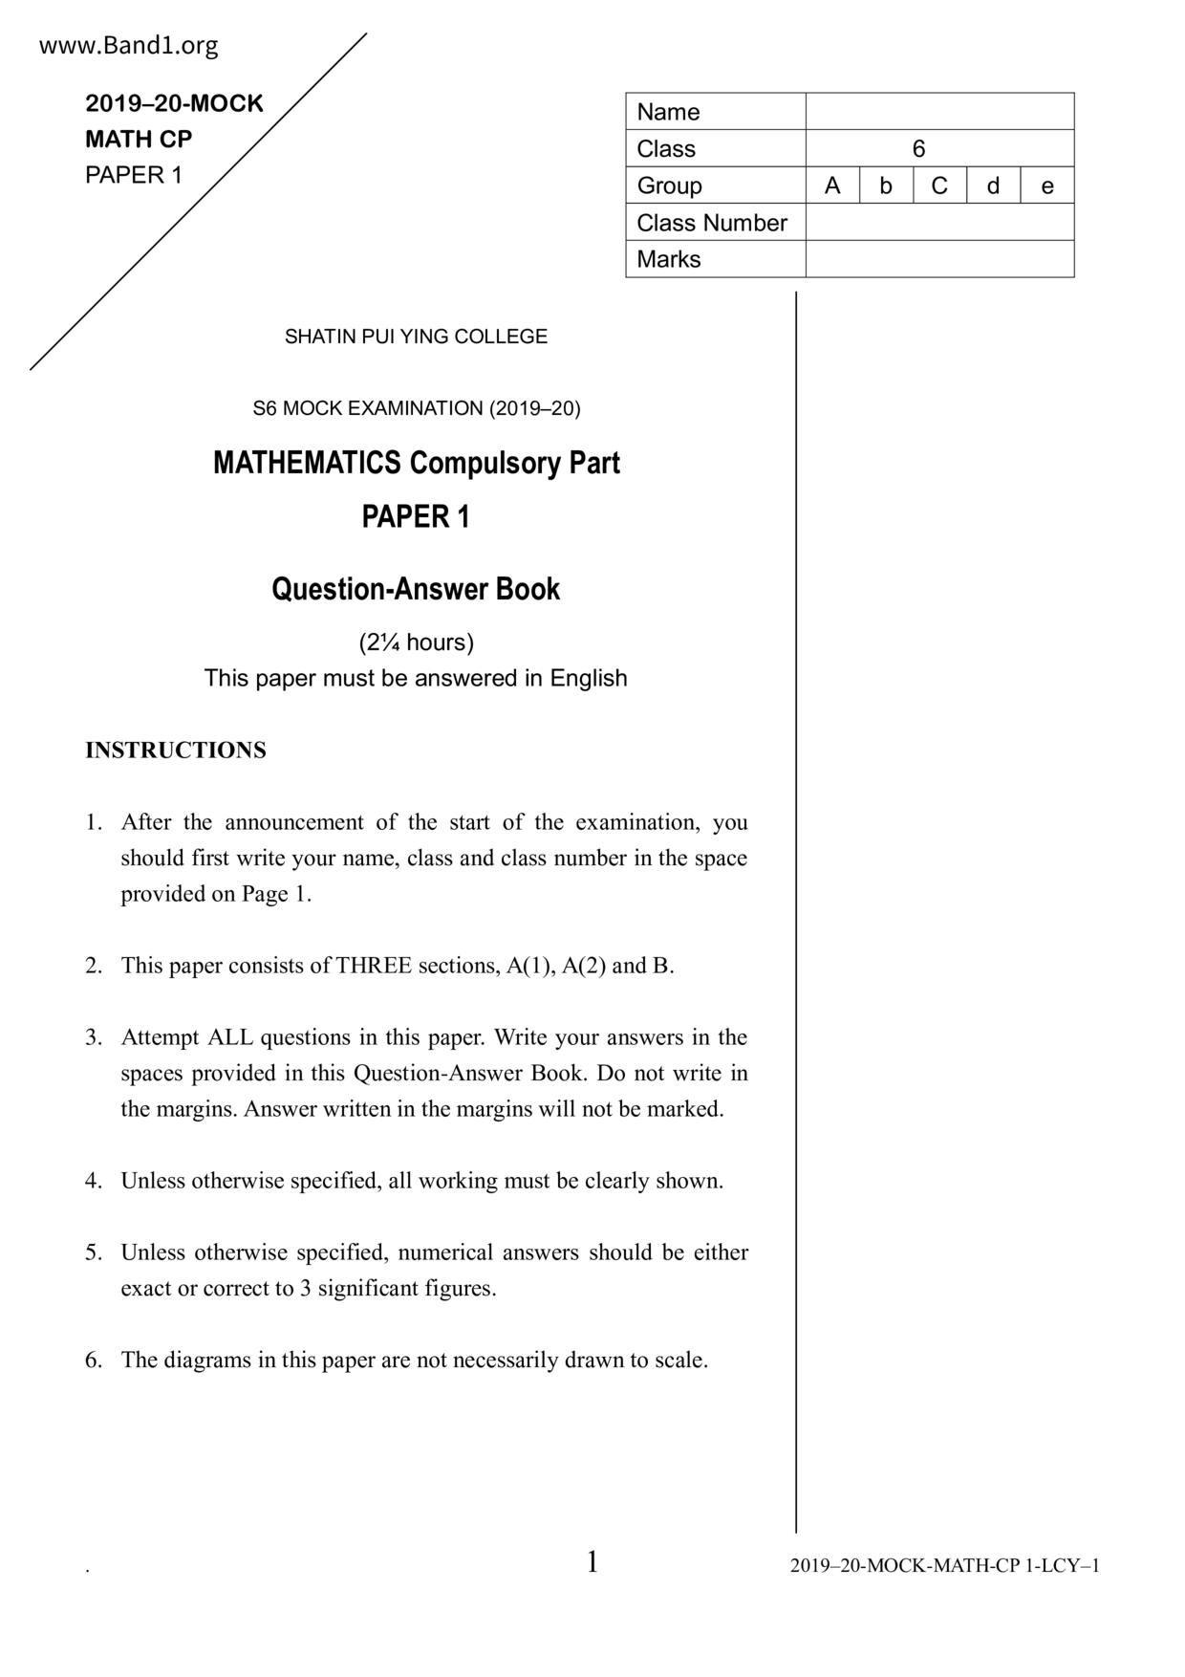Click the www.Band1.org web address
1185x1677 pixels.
128,46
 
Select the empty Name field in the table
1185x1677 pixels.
939,112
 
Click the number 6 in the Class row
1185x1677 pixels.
918,149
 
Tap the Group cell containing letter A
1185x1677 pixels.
832,185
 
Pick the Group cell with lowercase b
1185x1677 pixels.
886,185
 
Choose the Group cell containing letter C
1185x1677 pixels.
939,185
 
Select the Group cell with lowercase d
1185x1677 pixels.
993,185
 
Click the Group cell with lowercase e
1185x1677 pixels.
1047,185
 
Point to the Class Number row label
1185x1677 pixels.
712,223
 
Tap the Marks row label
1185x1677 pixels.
669,259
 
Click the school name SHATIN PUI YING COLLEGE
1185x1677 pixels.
416,337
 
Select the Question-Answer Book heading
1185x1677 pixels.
416,589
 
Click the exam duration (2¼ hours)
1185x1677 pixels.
416,642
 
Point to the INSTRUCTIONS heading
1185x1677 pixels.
176,751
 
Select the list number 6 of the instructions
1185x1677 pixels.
93,1361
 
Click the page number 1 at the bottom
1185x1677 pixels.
592,1562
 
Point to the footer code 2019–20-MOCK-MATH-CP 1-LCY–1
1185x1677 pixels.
944,1566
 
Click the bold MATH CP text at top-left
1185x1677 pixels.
139,140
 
